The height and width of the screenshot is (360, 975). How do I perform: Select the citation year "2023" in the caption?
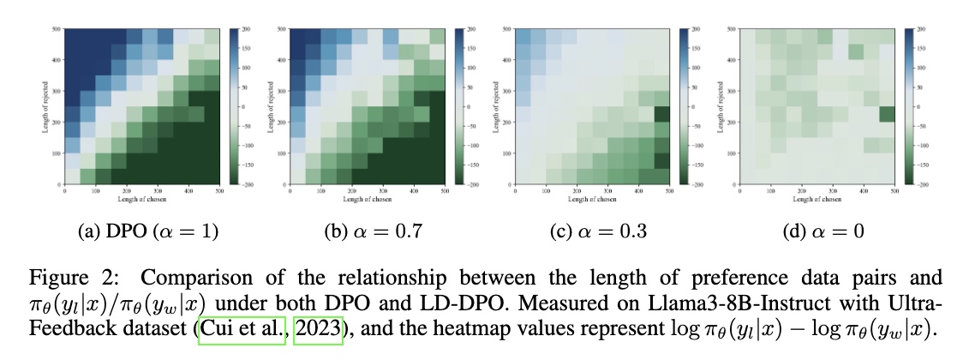point(317,330)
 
